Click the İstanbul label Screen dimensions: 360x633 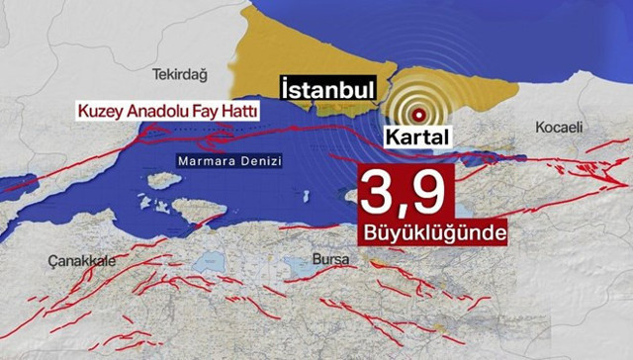point(327,89)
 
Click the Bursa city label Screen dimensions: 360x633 point(326,260)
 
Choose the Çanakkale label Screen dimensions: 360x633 point(75,259)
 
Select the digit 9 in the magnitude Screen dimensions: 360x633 point(431,192)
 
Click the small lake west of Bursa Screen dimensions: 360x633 point(212,263)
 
